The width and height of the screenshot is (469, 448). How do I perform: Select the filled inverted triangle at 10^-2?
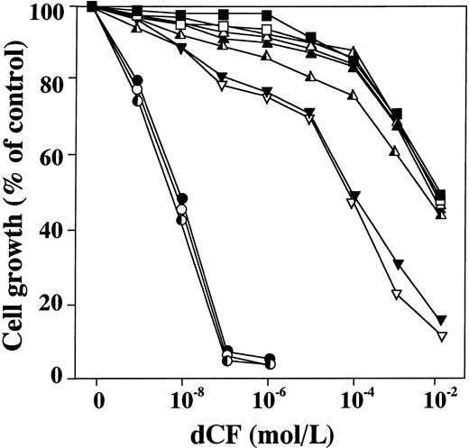pos(441,320)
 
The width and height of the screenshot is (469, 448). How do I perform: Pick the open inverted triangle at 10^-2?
pos(441,336)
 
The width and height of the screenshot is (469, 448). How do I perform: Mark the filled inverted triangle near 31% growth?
pos(397,263)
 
